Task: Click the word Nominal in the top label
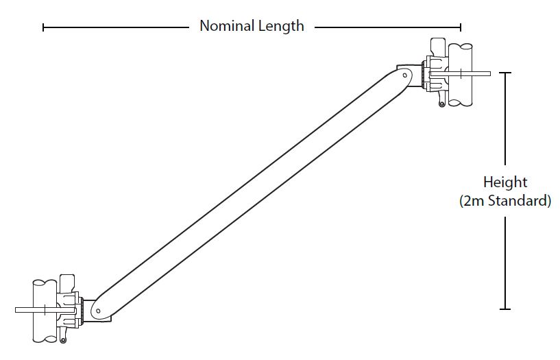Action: pos(224,26)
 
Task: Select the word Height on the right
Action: pos(505,182)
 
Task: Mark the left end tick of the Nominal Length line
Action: pos(43,27)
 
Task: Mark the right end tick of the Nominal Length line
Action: pos(461,27)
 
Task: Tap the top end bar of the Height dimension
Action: pos(506,73)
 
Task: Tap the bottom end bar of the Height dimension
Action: pos(506,309)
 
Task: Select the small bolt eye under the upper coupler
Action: pos(443,103)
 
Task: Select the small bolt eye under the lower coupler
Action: pos(64,339)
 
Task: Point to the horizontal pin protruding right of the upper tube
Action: pos(480,73)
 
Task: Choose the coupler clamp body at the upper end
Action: pos(433,74)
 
